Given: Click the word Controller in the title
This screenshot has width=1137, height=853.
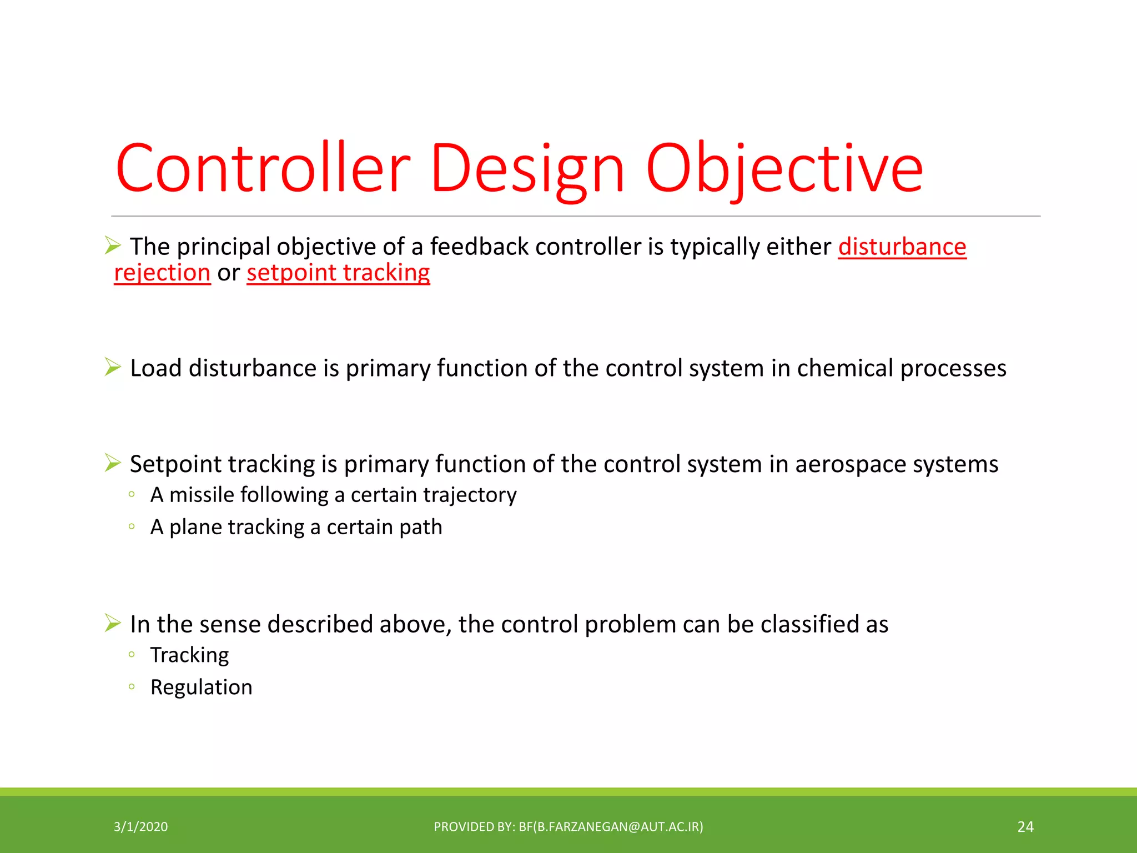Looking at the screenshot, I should (x=263, y=168).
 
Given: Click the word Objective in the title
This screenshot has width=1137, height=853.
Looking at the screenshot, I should (x=784, y=168).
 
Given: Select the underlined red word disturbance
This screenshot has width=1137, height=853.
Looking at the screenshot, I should (x=902, y=247).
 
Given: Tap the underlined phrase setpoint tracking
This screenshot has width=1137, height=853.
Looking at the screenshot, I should (x=338, y=273).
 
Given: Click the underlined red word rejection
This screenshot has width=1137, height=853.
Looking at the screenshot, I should (x=162, y=273).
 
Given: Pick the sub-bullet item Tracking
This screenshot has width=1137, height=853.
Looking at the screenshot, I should (x=189, y=655).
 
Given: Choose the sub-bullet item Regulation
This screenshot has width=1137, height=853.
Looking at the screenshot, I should (x=201, y=688).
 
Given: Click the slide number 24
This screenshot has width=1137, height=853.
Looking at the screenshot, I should (x=1025, y=827).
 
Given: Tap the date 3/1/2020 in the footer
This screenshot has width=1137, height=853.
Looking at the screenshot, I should (x=140, y=827).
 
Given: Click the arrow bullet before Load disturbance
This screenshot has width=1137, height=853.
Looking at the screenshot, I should (x=113, y=367).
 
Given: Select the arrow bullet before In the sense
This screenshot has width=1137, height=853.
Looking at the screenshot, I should (x=113, y=623).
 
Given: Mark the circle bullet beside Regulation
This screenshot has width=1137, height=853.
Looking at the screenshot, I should (x=132, y=686).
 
